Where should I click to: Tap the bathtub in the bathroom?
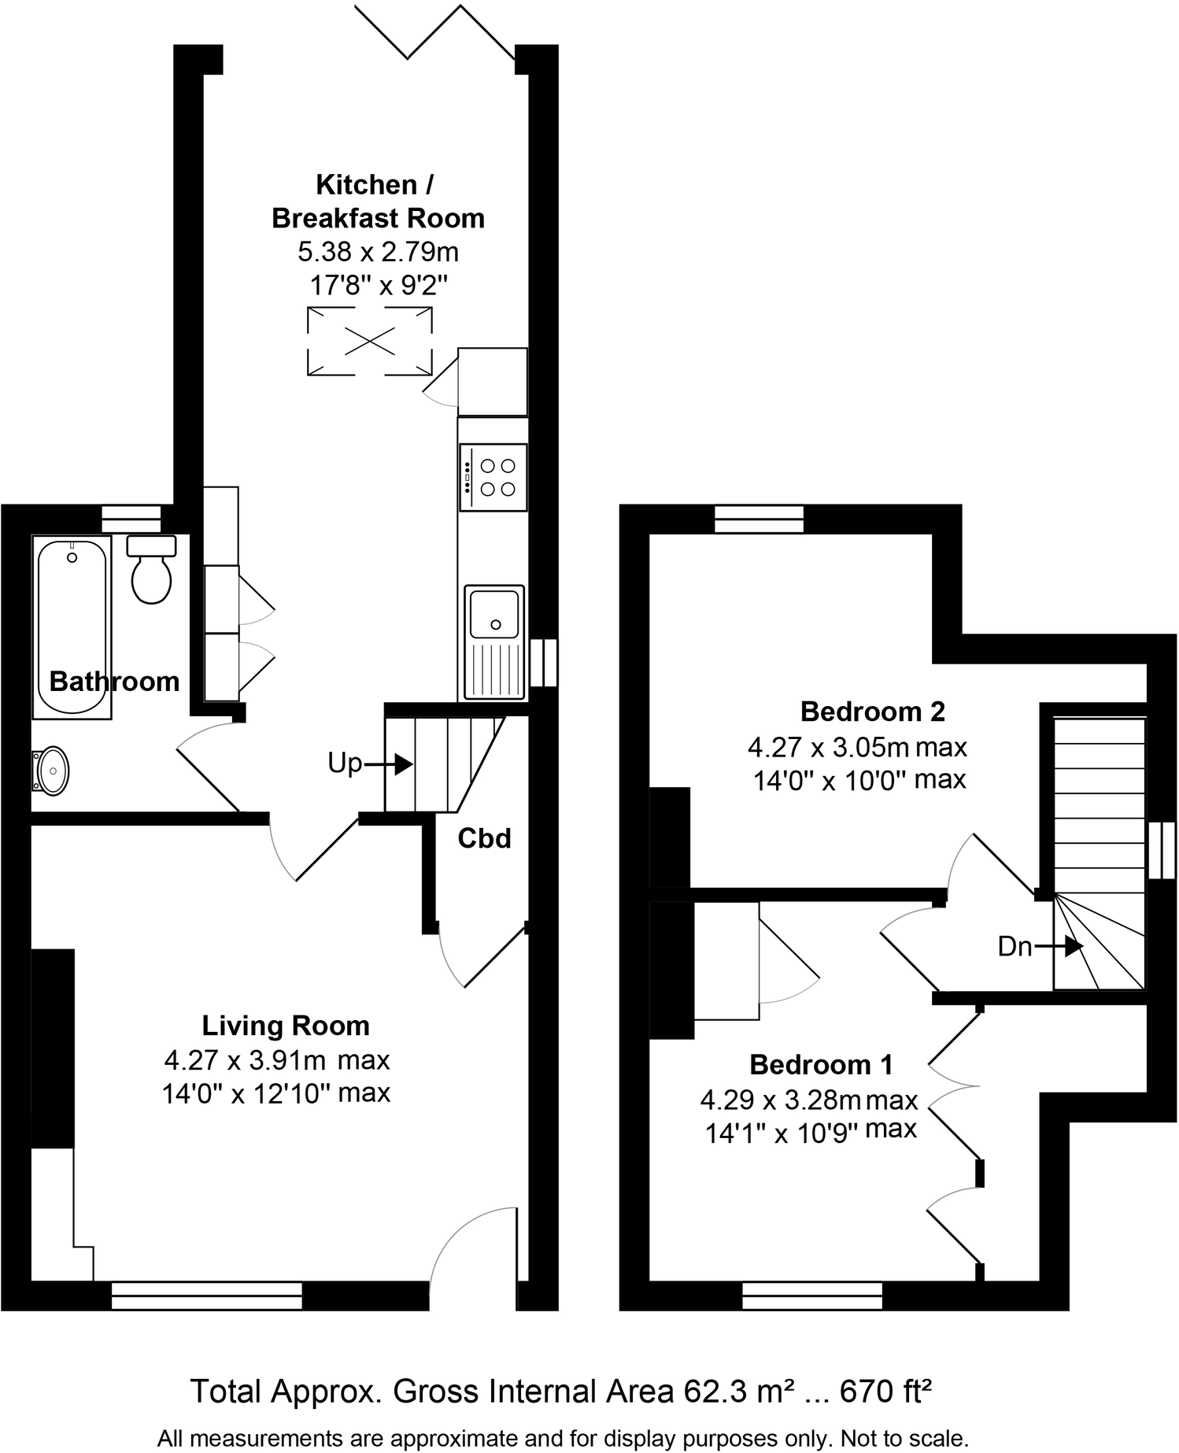pyautogui.click(x=72, y=625)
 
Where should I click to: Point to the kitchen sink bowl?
pyautogui.click(x=493, y=612)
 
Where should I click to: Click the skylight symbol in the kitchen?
pyautogui.click(x=369, y=342)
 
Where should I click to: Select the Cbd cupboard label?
pyautogui.click(x=484, y=839)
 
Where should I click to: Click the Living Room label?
pyautogui.click(x=286, y=1026)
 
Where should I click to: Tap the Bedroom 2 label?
pyautogui.click(x=872, y=712)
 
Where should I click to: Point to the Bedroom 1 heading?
pyautogui.click(x=821, y=1064)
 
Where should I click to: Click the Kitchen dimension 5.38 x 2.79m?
pyautogui.click(x=378, y=252)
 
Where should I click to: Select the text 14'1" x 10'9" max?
pyautogui.click(x=811, y=1132)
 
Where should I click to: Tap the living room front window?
pyautogui.click(x=207, y=1295)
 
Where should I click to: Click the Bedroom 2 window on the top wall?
pyautogui.click(x=759, y=519)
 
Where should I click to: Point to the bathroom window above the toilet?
pyautogui.click(x=131, y=519)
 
